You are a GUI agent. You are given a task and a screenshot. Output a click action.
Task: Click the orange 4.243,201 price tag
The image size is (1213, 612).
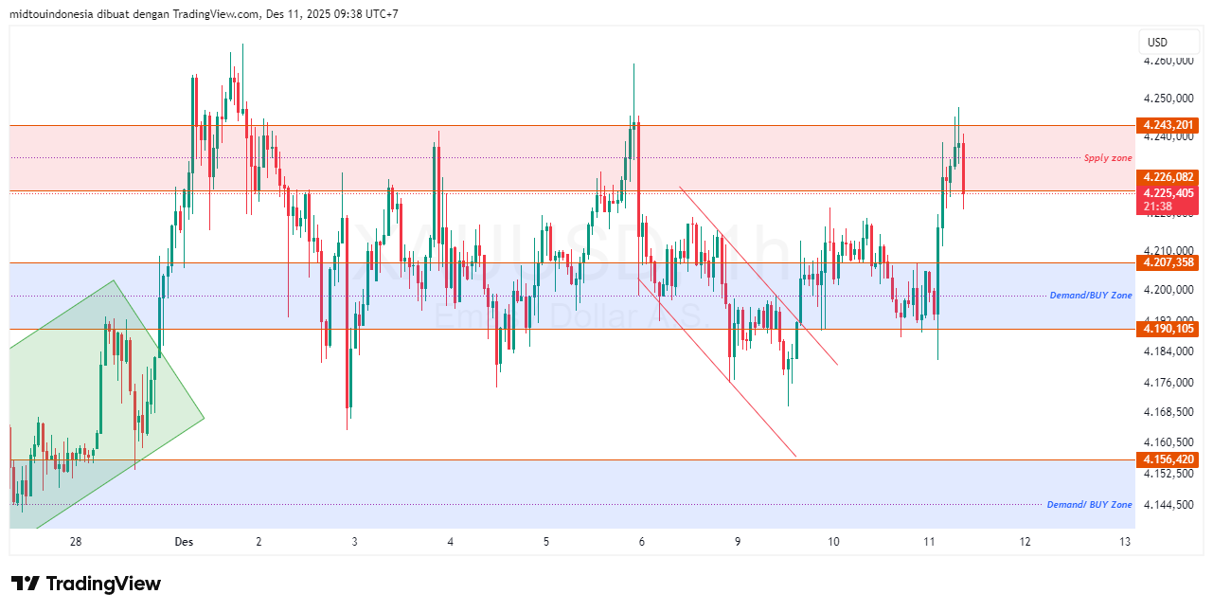(1169, 125)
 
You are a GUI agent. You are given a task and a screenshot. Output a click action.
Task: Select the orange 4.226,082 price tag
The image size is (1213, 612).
(1169, 177)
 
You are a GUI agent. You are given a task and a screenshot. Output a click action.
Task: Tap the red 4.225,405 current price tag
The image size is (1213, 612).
(1169, 192)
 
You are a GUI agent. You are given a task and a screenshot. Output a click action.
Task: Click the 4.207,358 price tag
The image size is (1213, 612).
(1169, 262)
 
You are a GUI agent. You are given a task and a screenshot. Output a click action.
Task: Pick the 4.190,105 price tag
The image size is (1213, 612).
(1169, 329)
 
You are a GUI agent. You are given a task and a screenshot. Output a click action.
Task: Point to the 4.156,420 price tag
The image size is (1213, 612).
(1169, 459)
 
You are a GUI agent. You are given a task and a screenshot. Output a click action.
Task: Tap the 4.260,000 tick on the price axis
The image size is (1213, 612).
(1169, 62)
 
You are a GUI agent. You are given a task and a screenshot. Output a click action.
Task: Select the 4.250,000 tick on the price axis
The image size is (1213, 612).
(1169, 99)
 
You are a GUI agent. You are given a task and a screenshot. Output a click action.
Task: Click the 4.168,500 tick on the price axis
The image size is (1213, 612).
(1169, 412)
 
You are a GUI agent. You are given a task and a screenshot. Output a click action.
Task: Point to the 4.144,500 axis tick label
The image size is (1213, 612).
(1169, 505)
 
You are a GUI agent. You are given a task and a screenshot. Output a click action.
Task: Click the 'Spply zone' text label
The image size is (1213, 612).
(1108, 158)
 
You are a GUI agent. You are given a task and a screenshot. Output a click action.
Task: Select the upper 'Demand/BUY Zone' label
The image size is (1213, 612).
(1091, 296)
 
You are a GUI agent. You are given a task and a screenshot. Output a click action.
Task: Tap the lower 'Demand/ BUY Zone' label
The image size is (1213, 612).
(1089, 505)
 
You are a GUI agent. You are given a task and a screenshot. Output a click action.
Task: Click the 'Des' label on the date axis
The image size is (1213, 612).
(184, 542)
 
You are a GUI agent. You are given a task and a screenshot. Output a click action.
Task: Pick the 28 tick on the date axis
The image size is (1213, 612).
(77, 542)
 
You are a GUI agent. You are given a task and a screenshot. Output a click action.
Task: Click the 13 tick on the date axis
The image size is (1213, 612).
(1125, 542)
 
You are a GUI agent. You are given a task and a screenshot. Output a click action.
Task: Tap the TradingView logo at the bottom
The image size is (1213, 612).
(86, 584)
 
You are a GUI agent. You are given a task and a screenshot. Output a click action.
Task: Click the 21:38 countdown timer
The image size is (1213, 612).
(1158, 207)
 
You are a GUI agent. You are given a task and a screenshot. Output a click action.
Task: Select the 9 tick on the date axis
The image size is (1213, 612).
(737, 542)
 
